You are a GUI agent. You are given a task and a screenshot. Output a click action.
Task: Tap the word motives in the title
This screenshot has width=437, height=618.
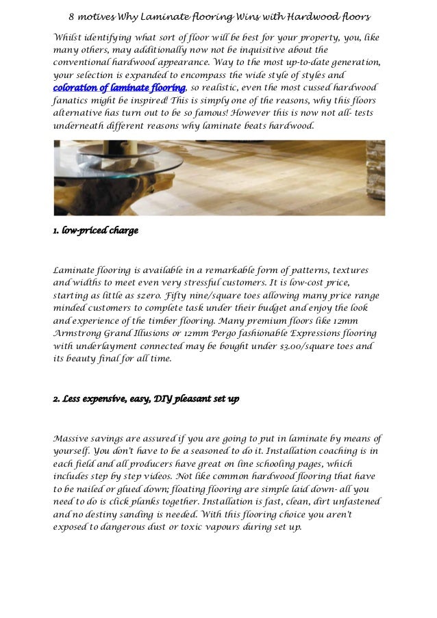101,16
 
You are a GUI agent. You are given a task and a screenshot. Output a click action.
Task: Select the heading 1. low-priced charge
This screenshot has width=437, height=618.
96,231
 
